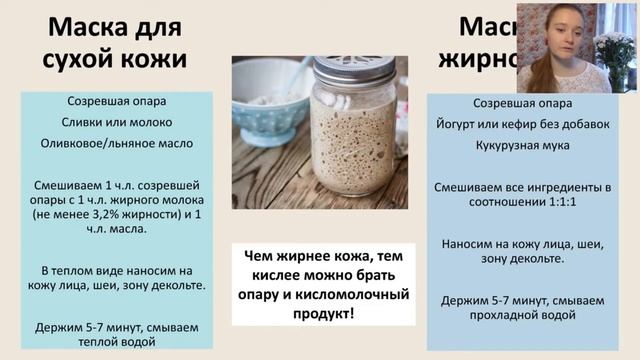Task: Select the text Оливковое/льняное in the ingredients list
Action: [99, 143]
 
